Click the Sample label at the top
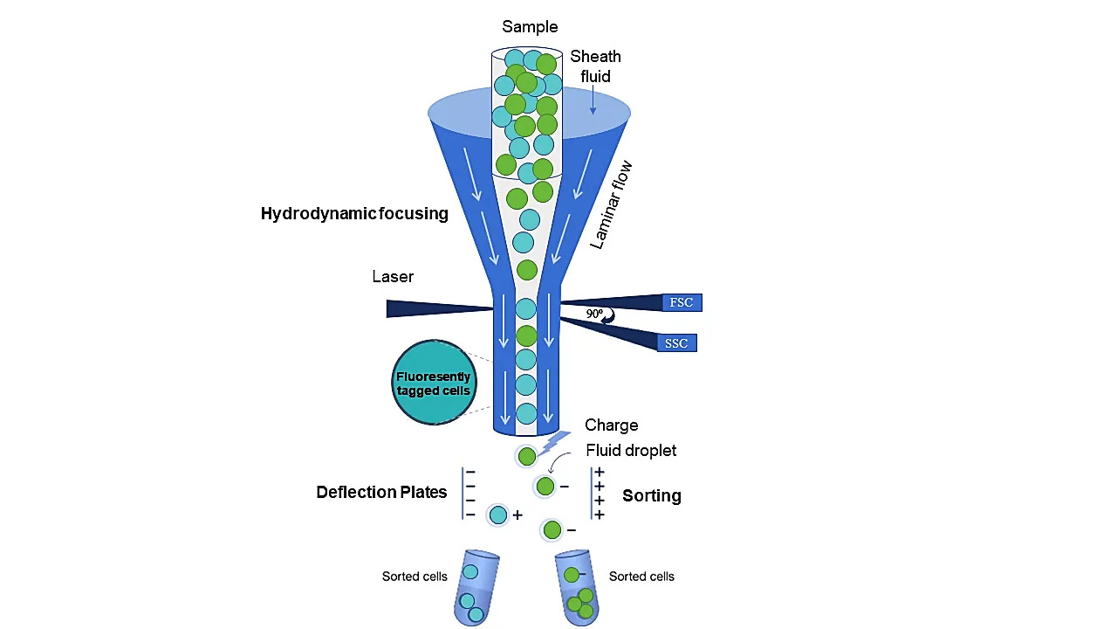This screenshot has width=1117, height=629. coord(530,27)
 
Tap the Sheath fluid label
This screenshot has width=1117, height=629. coord(596,66)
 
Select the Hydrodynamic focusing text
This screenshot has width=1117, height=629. coord(354,213)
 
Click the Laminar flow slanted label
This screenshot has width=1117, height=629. coord(610,206)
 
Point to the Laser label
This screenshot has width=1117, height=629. coord(393,277)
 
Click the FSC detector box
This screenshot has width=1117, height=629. coord(681,302)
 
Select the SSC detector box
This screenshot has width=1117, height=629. coord(676,343)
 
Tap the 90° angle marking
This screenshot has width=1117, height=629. coord(595,314)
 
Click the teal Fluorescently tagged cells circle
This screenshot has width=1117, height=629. coord(434,383)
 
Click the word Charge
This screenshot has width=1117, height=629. coord(611,425)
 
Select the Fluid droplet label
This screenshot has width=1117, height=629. coord(631,451)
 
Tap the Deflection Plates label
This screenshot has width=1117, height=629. coord(381,493)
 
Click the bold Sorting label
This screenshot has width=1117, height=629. coord(652,496)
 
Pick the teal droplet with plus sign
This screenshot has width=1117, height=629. coord(498,515)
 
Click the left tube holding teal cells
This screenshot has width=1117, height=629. coord(474,589)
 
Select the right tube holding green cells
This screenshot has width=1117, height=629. coord(577,589)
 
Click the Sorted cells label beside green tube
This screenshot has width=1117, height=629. coord(641,577)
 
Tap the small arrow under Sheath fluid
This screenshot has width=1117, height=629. coord(593,104)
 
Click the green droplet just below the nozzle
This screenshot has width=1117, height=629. coord(526,456)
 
